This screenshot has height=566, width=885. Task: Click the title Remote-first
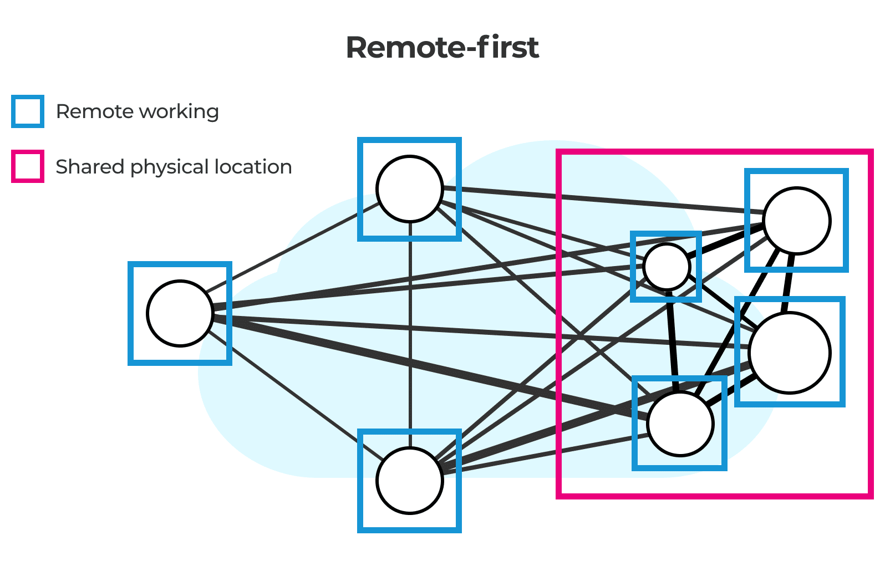pyautogui.click(x=442, y=48)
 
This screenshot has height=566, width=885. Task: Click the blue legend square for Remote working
pyautogui.click(x=28, y=111)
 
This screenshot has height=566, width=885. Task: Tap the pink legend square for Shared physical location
pyautogui.click(x=28, y=166)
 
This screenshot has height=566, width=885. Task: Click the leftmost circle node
pyautogui.click(x=180, y=313)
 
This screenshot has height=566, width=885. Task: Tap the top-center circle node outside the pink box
pyautogui.click(x=409, y=189)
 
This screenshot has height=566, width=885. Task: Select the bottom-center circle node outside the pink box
pyautogui.click(x=409, y=481)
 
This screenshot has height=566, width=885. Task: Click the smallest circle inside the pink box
pyautogui.click(x=667, y=267)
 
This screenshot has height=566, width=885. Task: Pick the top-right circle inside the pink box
pyautogui.click(x=796, y=221)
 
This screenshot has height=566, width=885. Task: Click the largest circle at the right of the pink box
pyautogui.click(x=789, y=353)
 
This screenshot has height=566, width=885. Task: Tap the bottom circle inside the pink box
pyautogui.click(x=680, y=424)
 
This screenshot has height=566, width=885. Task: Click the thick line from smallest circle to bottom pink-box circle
pyautogui.click(x=673, y=341)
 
